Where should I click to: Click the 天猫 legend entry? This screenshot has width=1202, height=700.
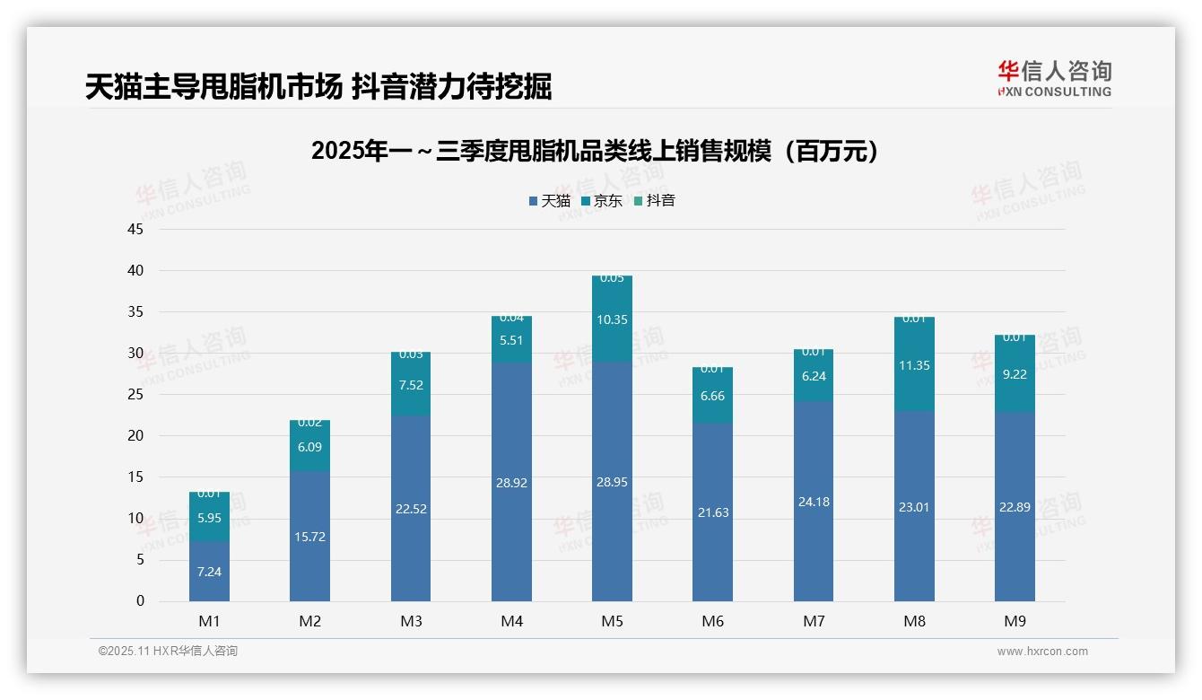550,201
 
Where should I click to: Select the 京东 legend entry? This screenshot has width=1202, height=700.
602,201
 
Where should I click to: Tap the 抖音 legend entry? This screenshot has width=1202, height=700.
655,201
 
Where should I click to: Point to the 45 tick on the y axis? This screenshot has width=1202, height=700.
135,230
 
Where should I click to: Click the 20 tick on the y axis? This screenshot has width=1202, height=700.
135,436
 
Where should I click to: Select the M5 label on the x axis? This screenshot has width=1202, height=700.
612,621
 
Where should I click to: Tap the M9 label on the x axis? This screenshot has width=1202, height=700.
1015,621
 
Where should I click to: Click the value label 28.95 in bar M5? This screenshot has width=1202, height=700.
612,482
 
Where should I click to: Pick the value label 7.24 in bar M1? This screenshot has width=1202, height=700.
209,572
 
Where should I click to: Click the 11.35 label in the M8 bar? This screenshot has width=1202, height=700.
914,365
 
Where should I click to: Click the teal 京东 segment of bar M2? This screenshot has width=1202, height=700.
309,446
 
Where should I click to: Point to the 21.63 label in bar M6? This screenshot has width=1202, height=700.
712,512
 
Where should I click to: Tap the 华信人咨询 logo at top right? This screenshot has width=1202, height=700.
1054,78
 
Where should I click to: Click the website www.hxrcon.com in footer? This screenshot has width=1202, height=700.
1041,652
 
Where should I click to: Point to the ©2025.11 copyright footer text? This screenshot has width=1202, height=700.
168,652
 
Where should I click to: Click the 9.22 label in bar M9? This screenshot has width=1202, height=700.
1015,374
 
